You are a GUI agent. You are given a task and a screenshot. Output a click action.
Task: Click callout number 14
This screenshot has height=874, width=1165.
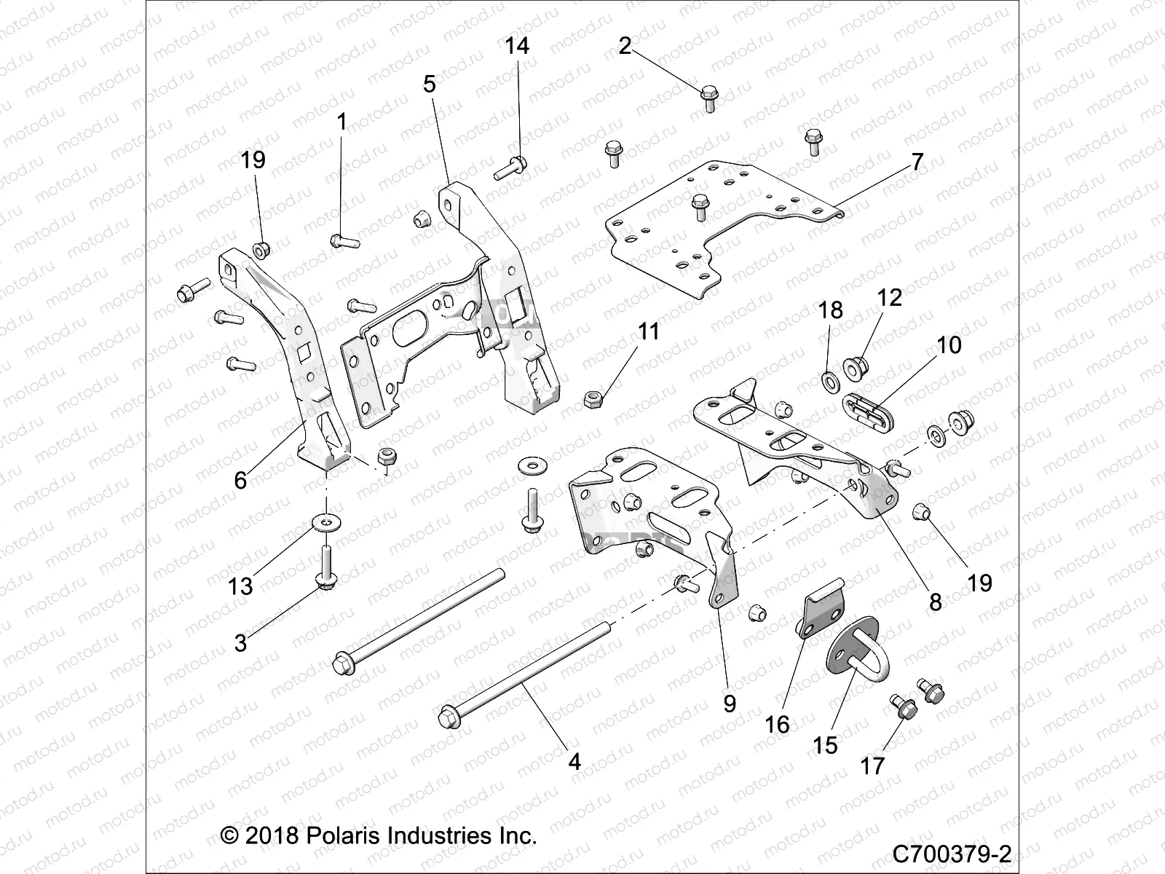[x=517, y=47]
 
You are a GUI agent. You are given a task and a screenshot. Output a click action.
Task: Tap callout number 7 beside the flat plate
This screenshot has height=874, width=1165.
[x=917, y=162]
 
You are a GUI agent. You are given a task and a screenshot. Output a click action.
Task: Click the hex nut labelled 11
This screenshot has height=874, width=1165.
[x=593, y=398]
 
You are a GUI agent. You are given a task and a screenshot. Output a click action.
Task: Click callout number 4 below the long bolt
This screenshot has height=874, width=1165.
[x=574, y=762]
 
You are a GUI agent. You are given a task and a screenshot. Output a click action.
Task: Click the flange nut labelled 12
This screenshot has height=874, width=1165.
[x=857, y=362]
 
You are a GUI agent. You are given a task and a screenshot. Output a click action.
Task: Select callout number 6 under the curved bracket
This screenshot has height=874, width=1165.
[x=240, y=480]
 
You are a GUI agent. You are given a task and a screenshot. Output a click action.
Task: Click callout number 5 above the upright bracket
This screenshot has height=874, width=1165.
[x=430, y=84]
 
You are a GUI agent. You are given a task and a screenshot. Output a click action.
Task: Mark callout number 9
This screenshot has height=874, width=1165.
[x=730, y=703]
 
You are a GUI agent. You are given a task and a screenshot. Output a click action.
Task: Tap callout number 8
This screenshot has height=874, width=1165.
[x=936, y=601]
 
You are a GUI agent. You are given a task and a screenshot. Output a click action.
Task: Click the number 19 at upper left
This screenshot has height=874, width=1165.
[x=253, y=160]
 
